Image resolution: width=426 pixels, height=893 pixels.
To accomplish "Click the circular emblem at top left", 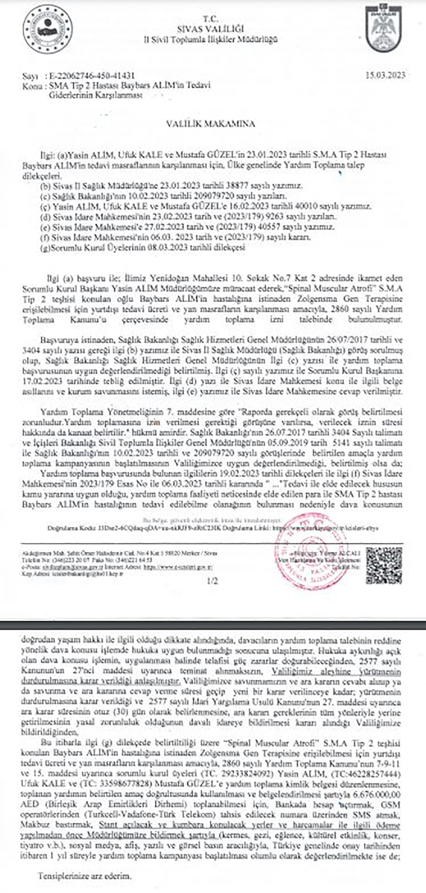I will tap(48, 29).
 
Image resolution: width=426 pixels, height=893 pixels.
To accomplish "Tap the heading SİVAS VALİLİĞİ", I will tap(211, 29).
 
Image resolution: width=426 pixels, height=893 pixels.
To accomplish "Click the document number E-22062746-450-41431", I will tap(92, 76).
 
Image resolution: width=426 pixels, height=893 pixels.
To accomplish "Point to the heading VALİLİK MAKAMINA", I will tap(211, 124).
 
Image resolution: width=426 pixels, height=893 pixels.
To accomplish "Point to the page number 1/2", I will tap(212, 581).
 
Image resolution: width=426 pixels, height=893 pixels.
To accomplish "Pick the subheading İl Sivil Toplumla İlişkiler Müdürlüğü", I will tap(211, 39).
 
